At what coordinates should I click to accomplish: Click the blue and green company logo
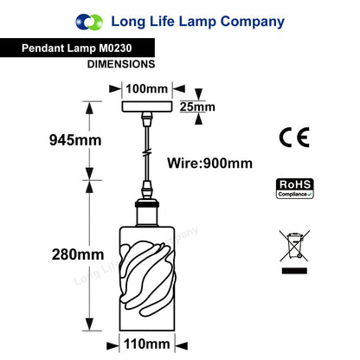point(89,22)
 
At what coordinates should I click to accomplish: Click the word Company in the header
point(253,22)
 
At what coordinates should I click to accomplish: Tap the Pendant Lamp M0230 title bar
point(77,48)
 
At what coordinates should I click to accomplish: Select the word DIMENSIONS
point(121,64)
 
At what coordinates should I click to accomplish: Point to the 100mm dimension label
point(146,88)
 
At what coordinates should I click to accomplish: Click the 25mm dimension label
point(197,106)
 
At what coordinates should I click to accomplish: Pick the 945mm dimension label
point(75,140)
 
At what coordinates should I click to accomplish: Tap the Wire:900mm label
point(209,164)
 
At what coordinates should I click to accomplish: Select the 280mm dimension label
point(78,254)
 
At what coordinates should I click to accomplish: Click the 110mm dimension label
point(146,344)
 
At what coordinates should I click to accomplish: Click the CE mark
point(294,138)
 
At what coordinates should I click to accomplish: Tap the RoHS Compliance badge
point(295,189)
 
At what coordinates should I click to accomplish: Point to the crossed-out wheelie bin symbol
point(294,246)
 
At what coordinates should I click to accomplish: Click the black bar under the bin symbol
point(294,271)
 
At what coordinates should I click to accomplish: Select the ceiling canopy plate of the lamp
point(147,106)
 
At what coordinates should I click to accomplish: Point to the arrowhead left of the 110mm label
point(112,345)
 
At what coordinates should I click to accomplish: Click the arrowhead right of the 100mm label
point(179,88)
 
